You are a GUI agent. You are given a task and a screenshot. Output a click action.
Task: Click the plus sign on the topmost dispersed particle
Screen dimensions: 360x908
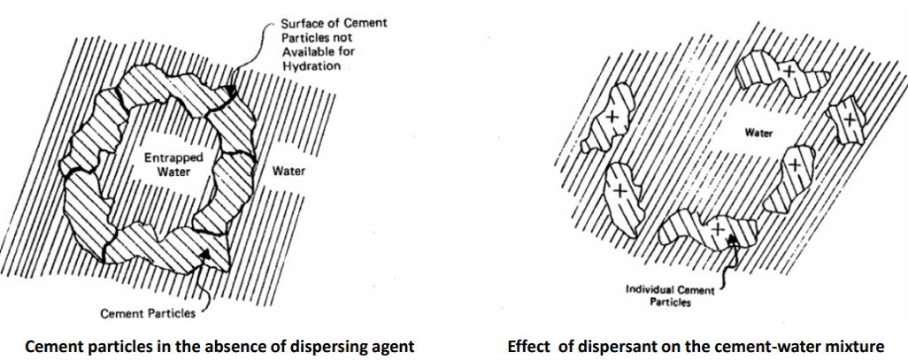click(x=789, y=70)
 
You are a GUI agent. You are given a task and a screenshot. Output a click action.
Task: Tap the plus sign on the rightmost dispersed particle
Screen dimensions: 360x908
click(x=850, y=118)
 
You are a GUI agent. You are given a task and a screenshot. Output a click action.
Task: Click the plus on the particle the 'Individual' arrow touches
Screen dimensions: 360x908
click(x=718, y=229)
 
